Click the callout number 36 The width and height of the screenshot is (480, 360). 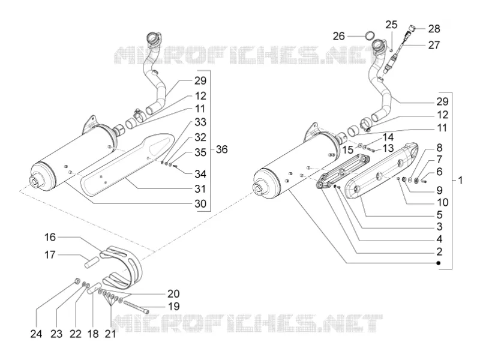(221, 149)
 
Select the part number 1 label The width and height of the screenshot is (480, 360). (460, 181)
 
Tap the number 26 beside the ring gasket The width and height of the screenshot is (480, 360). (338, 36)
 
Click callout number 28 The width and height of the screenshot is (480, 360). (434, 29)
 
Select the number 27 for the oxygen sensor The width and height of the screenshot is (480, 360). (434, 45)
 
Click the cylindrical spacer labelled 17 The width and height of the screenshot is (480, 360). (92, 262)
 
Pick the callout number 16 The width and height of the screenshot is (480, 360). (50, 237)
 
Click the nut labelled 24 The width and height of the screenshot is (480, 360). (77, 280)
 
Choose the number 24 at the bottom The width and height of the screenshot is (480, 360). (36, 334)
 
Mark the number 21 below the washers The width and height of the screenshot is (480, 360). (110, 334)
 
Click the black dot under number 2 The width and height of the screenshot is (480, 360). (439, 263)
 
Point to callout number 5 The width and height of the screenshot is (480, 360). (440, 215)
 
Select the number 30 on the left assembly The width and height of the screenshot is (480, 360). (200, 203)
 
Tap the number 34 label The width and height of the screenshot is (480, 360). (200, 174)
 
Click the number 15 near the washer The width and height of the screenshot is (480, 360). (348, 150)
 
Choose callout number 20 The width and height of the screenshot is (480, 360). (173, 293)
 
